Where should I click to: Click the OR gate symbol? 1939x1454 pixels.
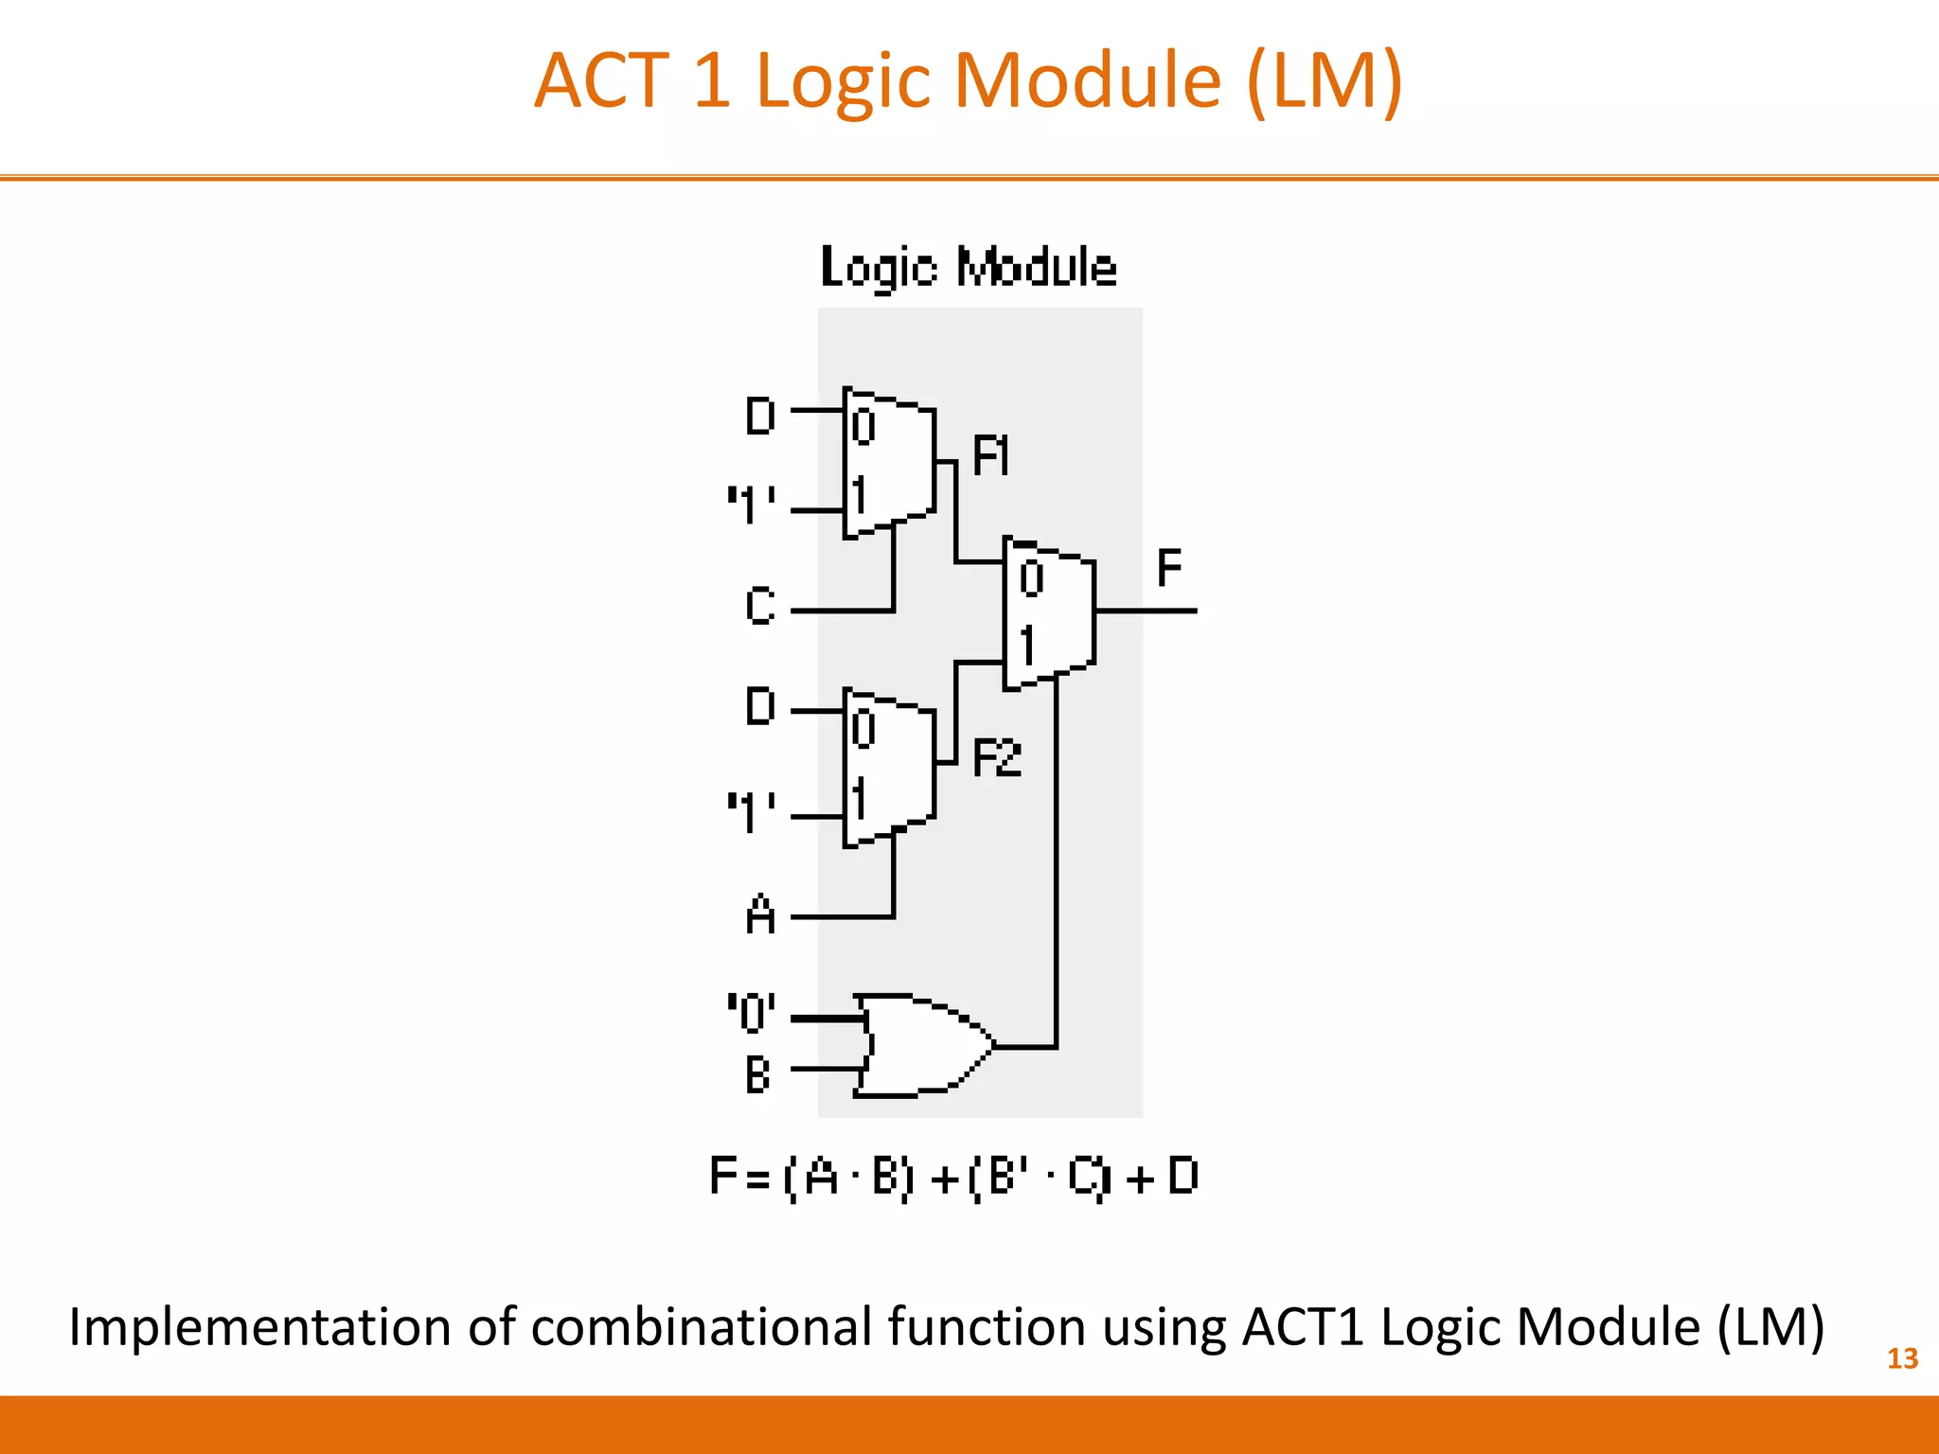coord(923,1045)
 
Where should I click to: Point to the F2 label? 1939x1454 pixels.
coord(997,758)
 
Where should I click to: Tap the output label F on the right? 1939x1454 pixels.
coord(1169,568)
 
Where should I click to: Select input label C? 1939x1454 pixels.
coord(760,606)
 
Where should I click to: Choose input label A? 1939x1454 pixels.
coord(760,915)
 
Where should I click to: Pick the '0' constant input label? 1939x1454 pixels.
coord(752,1012)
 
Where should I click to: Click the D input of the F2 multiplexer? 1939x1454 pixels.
coord(760,706)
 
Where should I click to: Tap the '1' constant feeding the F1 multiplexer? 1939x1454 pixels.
coord(752,505)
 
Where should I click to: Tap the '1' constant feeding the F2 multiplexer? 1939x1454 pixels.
coord(752,812)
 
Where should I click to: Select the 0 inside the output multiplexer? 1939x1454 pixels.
coord(1031,577)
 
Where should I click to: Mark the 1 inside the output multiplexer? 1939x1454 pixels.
coord(1027,646)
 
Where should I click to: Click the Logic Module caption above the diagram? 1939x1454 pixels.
coord(969,267)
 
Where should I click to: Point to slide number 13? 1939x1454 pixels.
coord(1902,1358)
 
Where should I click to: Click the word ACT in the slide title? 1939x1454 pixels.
coord(601,80)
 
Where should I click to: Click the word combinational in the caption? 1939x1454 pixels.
coord(702,1327)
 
